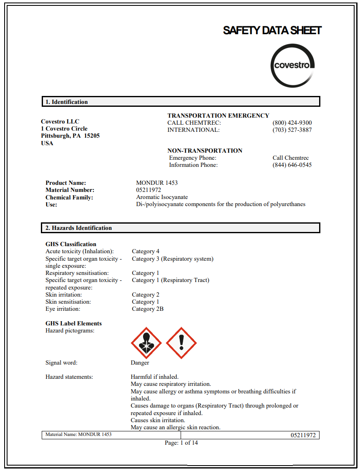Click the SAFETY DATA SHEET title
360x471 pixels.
pos(272,30)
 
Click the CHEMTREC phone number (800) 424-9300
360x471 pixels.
pos(292,123)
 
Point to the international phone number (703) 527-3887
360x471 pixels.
pos(292,130)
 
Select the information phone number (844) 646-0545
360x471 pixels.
pos(292,165)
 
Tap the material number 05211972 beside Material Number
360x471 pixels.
pos(149,190)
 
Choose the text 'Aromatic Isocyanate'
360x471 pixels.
pos(162,197)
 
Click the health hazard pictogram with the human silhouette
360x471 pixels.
pos(146,343)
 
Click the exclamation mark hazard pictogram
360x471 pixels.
pos(181,343)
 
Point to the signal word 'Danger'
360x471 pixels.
pos(140,363)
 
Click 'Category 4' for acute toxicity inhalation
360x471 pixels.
pos(146,251)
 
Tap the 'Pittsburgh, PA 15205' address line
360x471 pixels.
pos(70,136)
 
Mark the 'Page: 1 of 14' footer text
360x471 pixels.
pos(181,443)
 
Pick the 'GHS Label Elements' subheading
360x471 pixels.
pos(73,323)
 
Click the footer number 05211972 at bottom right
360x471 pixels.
pos(303,435)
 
